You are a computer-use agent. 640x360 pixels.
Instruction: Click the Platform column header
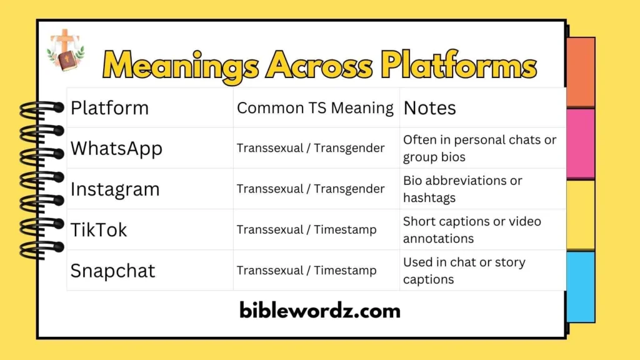click(x=109, y=108)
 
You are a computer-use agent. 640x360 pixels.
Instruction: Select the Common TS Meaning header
click(x=315, y=108)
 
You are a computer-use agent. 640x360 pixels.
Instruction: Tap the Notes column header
click(x=429, y=108)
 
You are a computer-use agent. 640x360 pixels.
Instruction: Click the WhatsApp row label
click(x=116, y=149)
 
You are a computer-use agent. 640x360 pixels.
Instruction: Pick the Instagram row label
click(x=115, y=189)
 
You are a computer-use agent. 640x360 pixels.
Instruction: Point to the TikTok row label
click(x=99, y=229)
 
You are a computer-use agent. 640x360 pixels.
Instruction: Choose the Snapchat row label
click(x=112, y=271)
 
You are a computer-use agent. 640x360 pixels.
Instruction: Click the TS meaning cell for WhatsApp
click(x=311, y=148)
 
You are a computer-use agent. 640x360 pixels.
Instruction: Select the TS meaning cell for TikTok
click(x=306, y=229)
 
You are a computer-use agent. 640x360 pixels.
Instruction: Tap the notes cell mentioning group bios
click(x=479, y=148)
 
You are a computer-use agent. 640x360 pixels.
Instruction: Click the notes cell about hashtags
click(x=462, y=189)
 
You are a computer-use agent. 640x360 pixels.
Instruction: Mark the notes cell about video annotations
click(x=472, y=229)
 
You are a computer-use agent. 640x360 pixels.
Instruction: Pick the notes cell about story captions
click(x=464, y=271)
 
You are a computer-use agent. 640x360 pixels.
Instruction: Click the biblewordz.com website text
click(x=319, y=310)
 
